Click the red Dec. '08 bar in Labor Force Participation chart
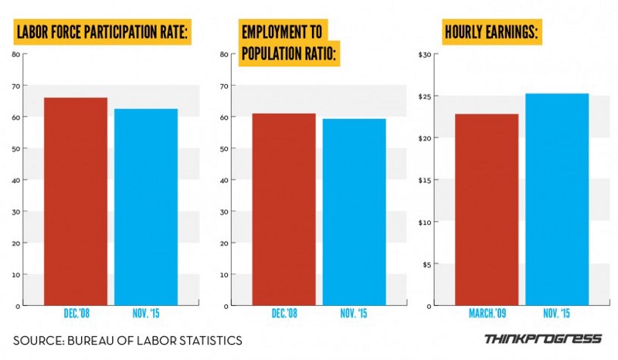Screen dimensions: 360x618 75,201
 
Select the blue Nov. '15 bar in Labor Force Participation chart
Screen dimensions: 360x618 145,206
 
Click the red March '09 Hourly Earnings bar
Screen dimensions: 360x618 487,209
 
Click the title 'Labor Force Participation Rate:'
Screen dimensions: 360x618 103,33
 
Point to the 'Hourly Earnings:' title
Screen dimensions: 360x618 491,33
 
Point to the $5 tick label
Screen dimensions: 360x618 426,264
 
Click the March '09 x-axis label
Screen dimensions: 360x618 487,314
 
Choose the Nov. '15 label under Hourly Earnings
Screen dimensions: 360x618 557,314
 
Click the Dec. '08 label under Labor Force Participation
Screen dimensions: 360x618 75,314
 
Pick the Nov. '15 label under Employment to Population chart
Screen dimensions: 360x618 354,314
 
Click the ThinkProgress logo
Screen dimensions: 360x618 542,339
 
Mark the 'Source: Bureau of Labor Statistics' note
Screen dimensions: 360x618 127,340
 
